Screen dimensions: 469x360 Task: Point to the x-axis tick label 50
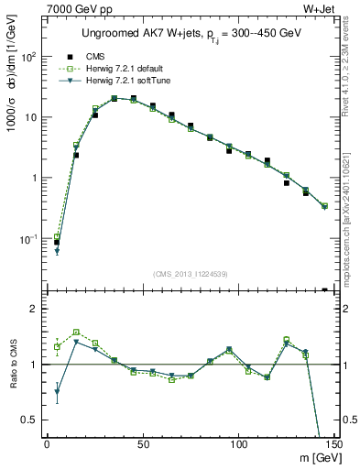[x=142, y=443]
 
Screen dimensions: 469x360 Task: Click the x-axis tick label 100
[x=238, y=443]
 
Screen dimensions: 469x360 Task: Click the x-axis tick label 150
[x=333, y=443]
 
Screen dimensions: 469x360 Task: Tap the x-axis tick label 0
[x=47, y=443]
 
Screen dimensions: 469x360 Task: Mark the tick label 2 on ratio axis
[x=37, y=309]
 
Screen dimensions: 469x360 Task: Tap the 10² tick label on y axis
[x=31, y=57]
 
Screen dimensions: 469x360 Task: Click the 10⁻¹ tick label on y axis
[x=31, y=239]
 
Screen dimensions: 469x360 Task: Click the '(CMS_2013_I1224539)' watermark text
[x=190, y=274]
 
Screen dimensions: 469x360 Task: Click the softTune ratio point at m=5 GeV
[x=57, y=391]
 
